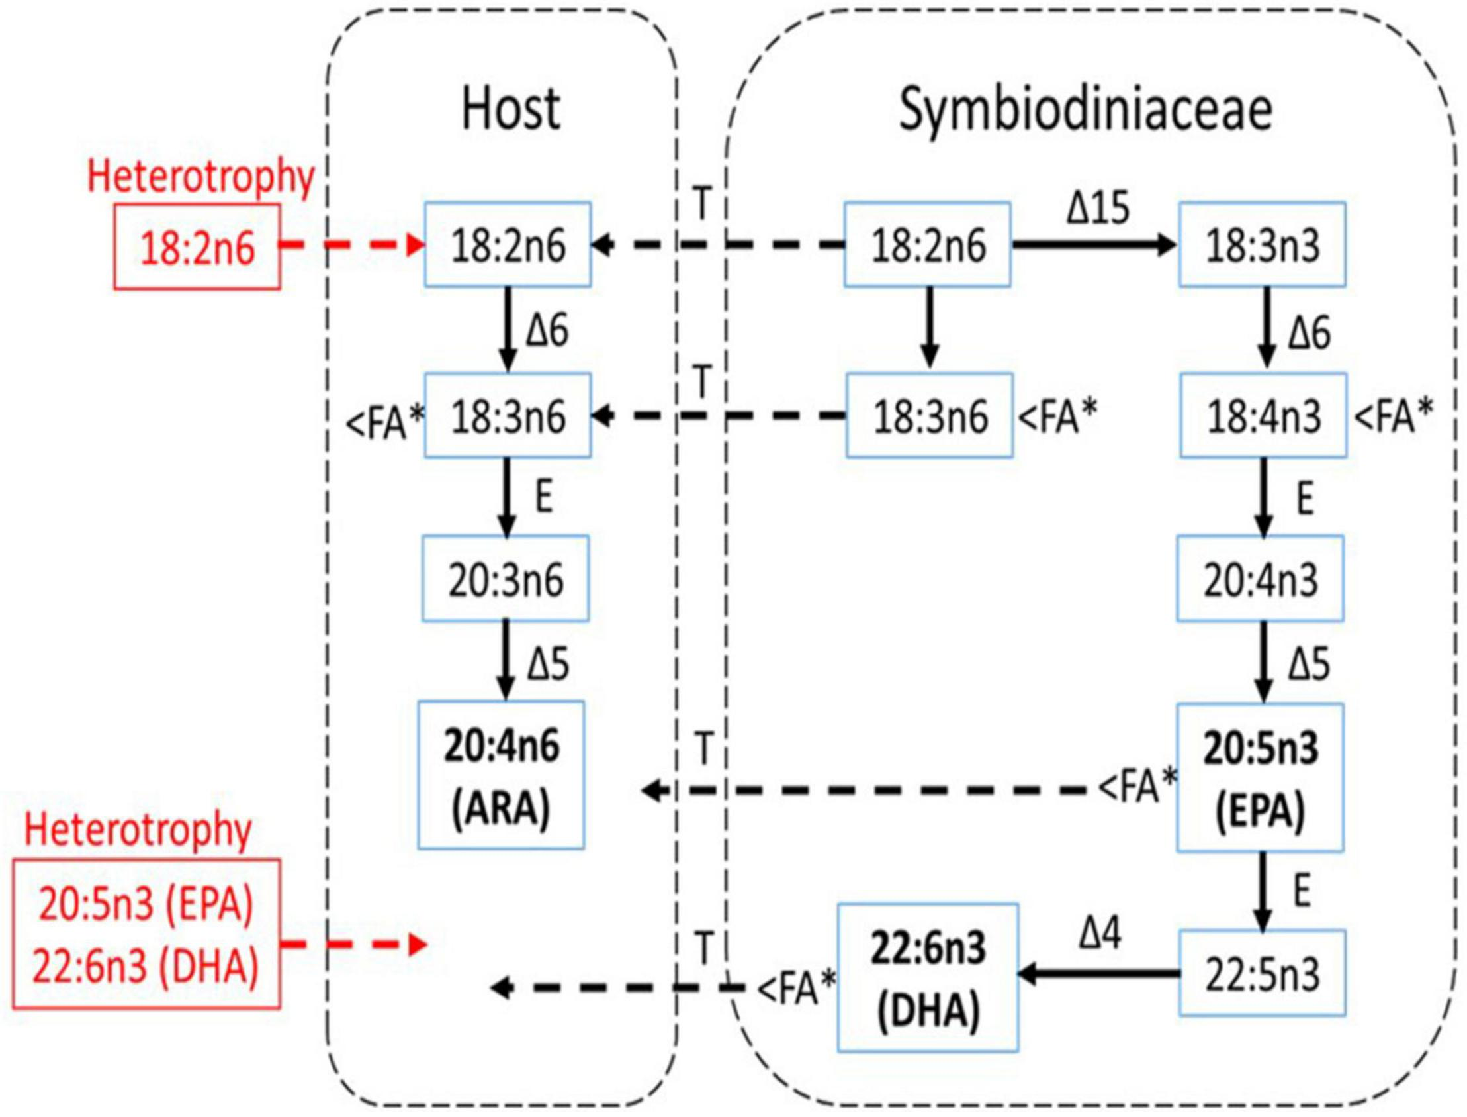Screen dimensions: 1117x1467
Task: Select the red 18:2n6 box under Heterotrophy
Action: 197,248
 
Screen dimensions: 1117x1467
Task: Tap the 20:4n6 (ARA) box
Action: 502,775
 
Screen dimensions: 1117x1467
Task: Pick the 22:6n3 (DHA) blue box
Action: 928,977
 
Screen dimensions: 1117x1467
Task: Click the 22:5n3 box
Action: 1262,973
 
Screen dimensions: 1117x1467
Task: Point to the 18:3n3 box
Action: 1263,245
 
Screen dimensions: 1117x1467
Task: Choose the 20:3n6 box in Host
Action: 506,579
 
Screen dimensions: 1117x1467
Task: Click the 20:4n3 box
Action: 1261,579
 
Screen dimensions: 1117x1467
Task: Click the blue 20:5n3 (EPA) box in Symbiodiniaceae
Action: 1260,778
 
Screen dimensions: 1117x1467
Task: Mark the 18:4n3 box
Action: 1263,416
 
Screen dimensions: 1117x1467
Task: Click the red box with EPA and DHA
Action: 146,934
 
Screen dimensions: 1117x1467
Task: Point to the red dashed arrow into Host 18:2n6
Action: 352,246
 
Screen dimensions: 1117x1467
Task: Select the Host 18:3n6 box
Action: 508,416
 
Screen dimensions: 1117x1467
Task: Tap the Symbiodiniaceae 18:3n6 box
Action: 930,416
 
